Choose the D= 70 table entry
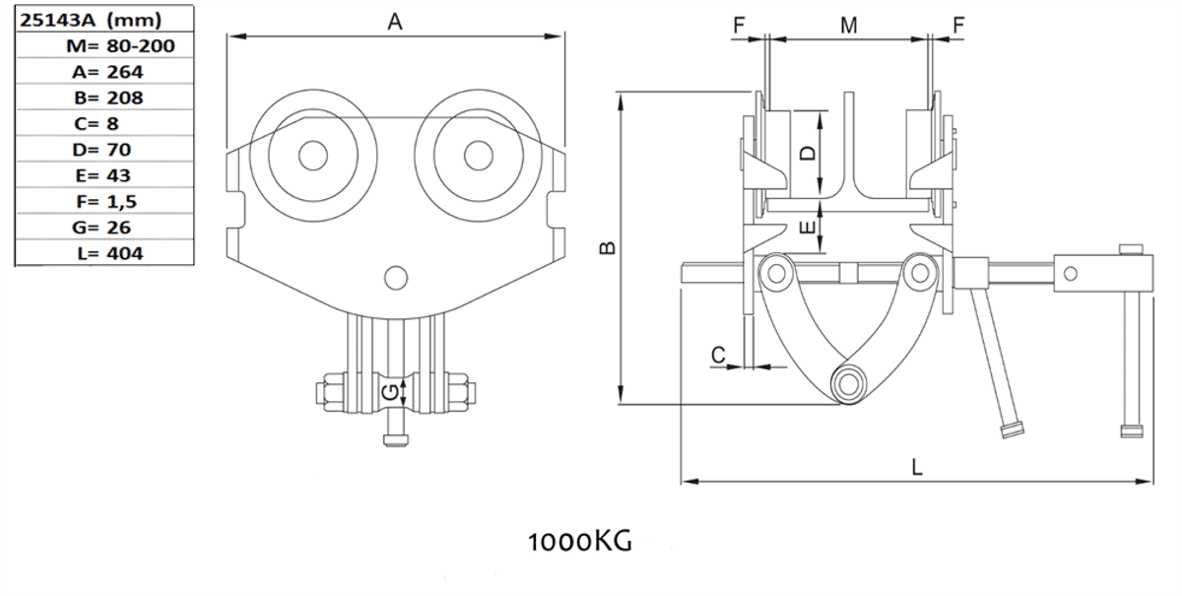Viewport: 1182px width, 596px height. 106,149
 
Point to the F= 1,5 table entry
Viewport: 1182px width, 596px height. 106,201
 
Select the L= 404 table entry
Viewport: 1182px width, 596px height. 108,253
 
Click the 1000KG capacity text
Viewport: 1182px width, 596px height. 579,541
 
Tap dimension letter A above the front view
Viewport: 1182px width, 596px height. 395,22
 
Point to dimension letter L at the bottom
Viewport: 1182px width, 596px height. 916,468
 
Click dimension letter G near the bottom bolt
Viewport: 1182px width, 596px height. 391,392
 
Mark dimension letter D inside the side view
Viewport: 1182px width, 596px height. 807,154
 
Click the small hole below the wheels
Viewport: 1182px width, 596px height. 396,279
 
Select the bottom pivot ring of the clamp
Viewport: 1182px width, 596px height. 847,382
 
